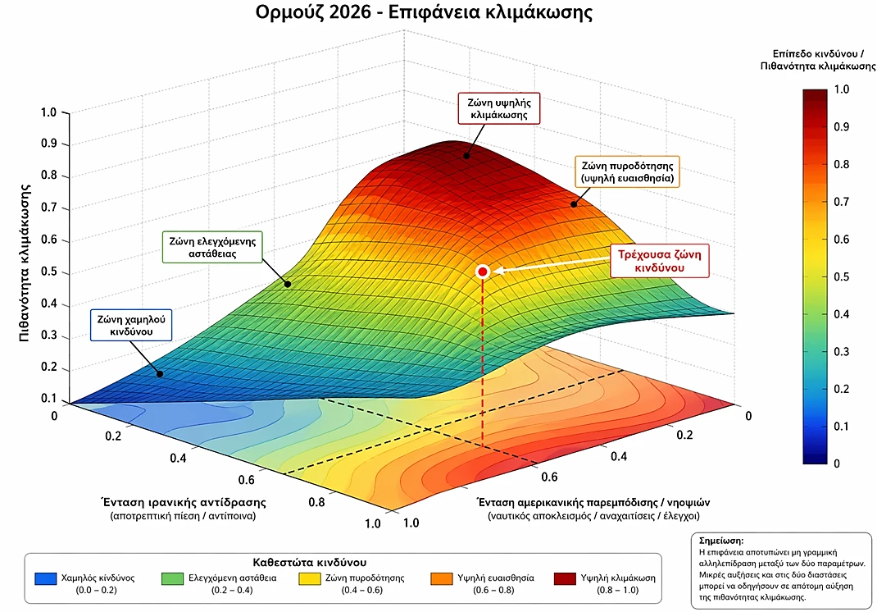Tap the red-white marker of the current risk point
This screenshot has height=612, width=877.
483,272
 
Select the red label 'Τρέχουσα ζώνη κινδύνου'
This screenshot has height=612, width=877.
657,260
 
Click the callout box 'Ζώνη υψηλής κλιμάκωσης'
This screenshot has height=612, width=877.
499,108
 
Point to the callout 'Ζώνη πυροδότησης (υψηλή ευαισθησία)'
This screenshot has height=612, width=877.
627,171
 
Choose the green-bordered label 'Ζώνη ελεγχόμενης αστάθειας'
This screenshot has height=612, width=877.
213,247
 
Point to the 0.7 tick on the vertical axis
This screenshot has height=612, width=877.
48,208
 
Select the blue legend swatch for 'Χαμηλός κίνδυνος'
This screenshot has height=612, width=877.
46,578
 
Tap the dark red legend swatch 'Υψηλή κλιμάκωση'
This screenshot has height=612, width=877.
565,578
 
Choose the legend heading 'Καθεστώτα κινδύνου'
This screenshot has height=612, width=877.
315,562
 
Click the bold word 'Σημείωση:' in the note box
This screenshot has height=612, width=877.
721,541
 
